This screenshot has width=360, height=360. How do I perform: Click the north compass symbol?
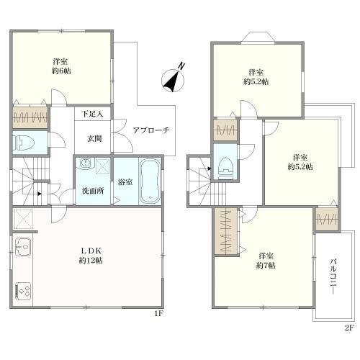(173, 81)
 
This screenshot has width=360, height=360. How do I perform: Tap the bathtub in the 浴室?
(150, 181)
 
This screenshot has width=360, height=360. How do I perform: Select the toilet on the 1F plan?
(24, 142)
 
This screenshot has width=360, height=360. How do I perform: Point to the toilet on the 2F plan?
(225, 168)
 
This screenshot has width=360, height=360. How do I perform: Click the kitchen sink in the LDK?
(23, 247)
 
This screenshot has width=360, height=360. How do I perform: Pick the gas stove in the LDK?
(23, 292)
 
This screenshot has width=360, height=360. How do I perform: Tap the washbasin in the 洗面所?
(85, 163)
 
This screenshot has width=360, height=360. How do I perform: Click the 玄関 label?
(94, 138)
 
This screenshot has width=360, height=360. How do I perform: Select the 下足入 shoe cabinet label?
(92, 114)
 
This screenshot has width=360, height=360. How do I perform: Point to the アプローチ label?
(151, 130)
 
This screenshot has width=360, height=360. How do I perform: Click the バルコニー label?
(333, 276)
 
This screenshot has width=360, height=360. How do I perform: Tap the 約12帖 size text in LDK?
(91, 260)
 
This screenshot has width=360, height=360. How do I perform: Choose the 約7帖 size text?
(266, 266)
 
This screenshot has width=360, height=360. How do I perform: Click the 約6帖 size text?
(61, 71)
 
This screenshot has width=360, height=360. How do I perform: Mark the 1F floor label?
(159, 313)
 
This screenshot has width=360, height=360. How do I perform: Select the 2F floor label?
(349, 328)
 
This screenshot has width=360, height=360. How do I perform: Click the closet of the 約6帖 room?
(30, 117)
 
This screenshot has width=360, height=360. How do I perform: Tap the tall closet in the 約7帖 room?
(225, 231)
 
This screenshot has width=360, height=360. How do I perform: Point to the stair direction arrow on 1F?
(40, 194)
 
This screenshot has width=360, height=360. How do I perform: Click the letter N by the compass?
(182, 66)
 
